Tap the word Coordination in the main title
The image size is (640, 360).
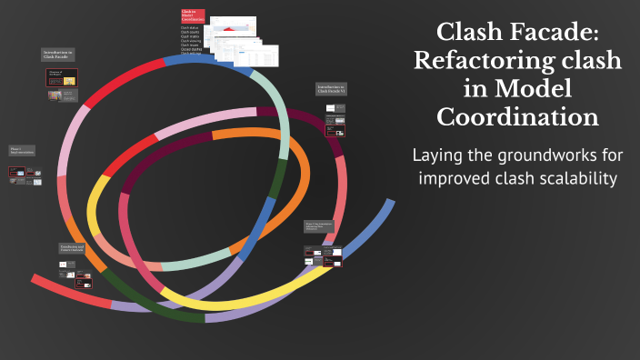(x=517, y=117)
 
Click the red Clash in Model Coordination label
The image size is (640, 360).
(x=193, y=16)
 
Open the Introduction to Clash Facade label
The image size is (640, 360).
(x=59, y=56)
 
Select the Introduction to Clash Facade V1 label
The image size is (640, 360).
(x=331, y=90)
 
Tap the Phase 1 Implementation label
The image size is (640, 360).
(x=22, y=151)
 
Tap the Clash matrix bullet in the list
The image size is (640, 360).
(x=190, y=36)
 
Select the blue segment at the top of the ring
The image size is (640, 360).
(x=209, y=61)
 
